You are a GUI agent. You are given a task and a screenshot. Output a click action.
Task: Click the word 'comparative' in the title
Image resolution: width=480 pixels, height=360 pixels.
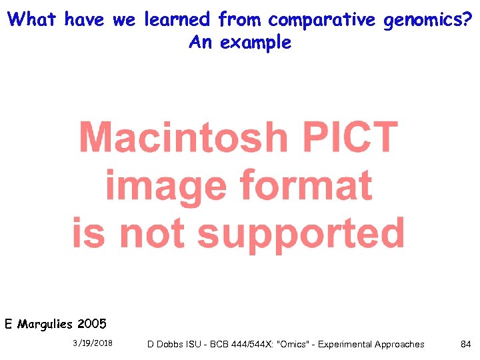tap(322, 20)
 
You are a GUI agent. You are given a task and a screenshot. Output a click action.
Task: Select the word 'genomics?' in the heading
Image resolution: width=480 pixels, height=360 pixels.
tap(427, 20)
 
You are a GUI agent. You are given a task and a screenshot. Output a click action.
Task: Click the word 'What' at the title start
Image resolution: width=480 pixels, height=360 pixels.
tap(33, 20)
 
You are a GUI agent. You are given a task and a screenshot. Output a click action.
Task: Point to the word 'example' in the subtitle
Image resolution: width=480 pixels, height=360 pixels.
tap(256, 43)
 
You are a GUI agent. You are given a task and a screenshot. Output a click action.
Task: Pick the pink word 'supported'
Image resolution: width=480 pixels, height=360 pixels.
tap(301, 233)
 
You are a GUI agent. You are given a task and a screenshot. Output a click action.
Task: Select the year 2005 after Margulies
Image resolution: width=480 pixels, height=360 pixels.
tap(92, 325)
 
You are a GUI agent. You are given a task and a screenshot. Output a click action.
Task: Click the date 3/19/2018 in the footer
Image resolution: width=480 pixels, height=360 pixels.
tap(93, 343)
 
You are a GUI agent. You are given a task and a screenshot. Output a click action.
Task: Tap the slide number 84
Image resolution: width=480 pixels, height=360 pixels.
tap(466, 344)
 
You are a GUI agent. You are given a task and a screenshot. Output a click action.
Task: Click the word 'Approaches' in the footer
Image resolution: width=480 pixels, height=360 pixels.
tap(399, 344)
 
